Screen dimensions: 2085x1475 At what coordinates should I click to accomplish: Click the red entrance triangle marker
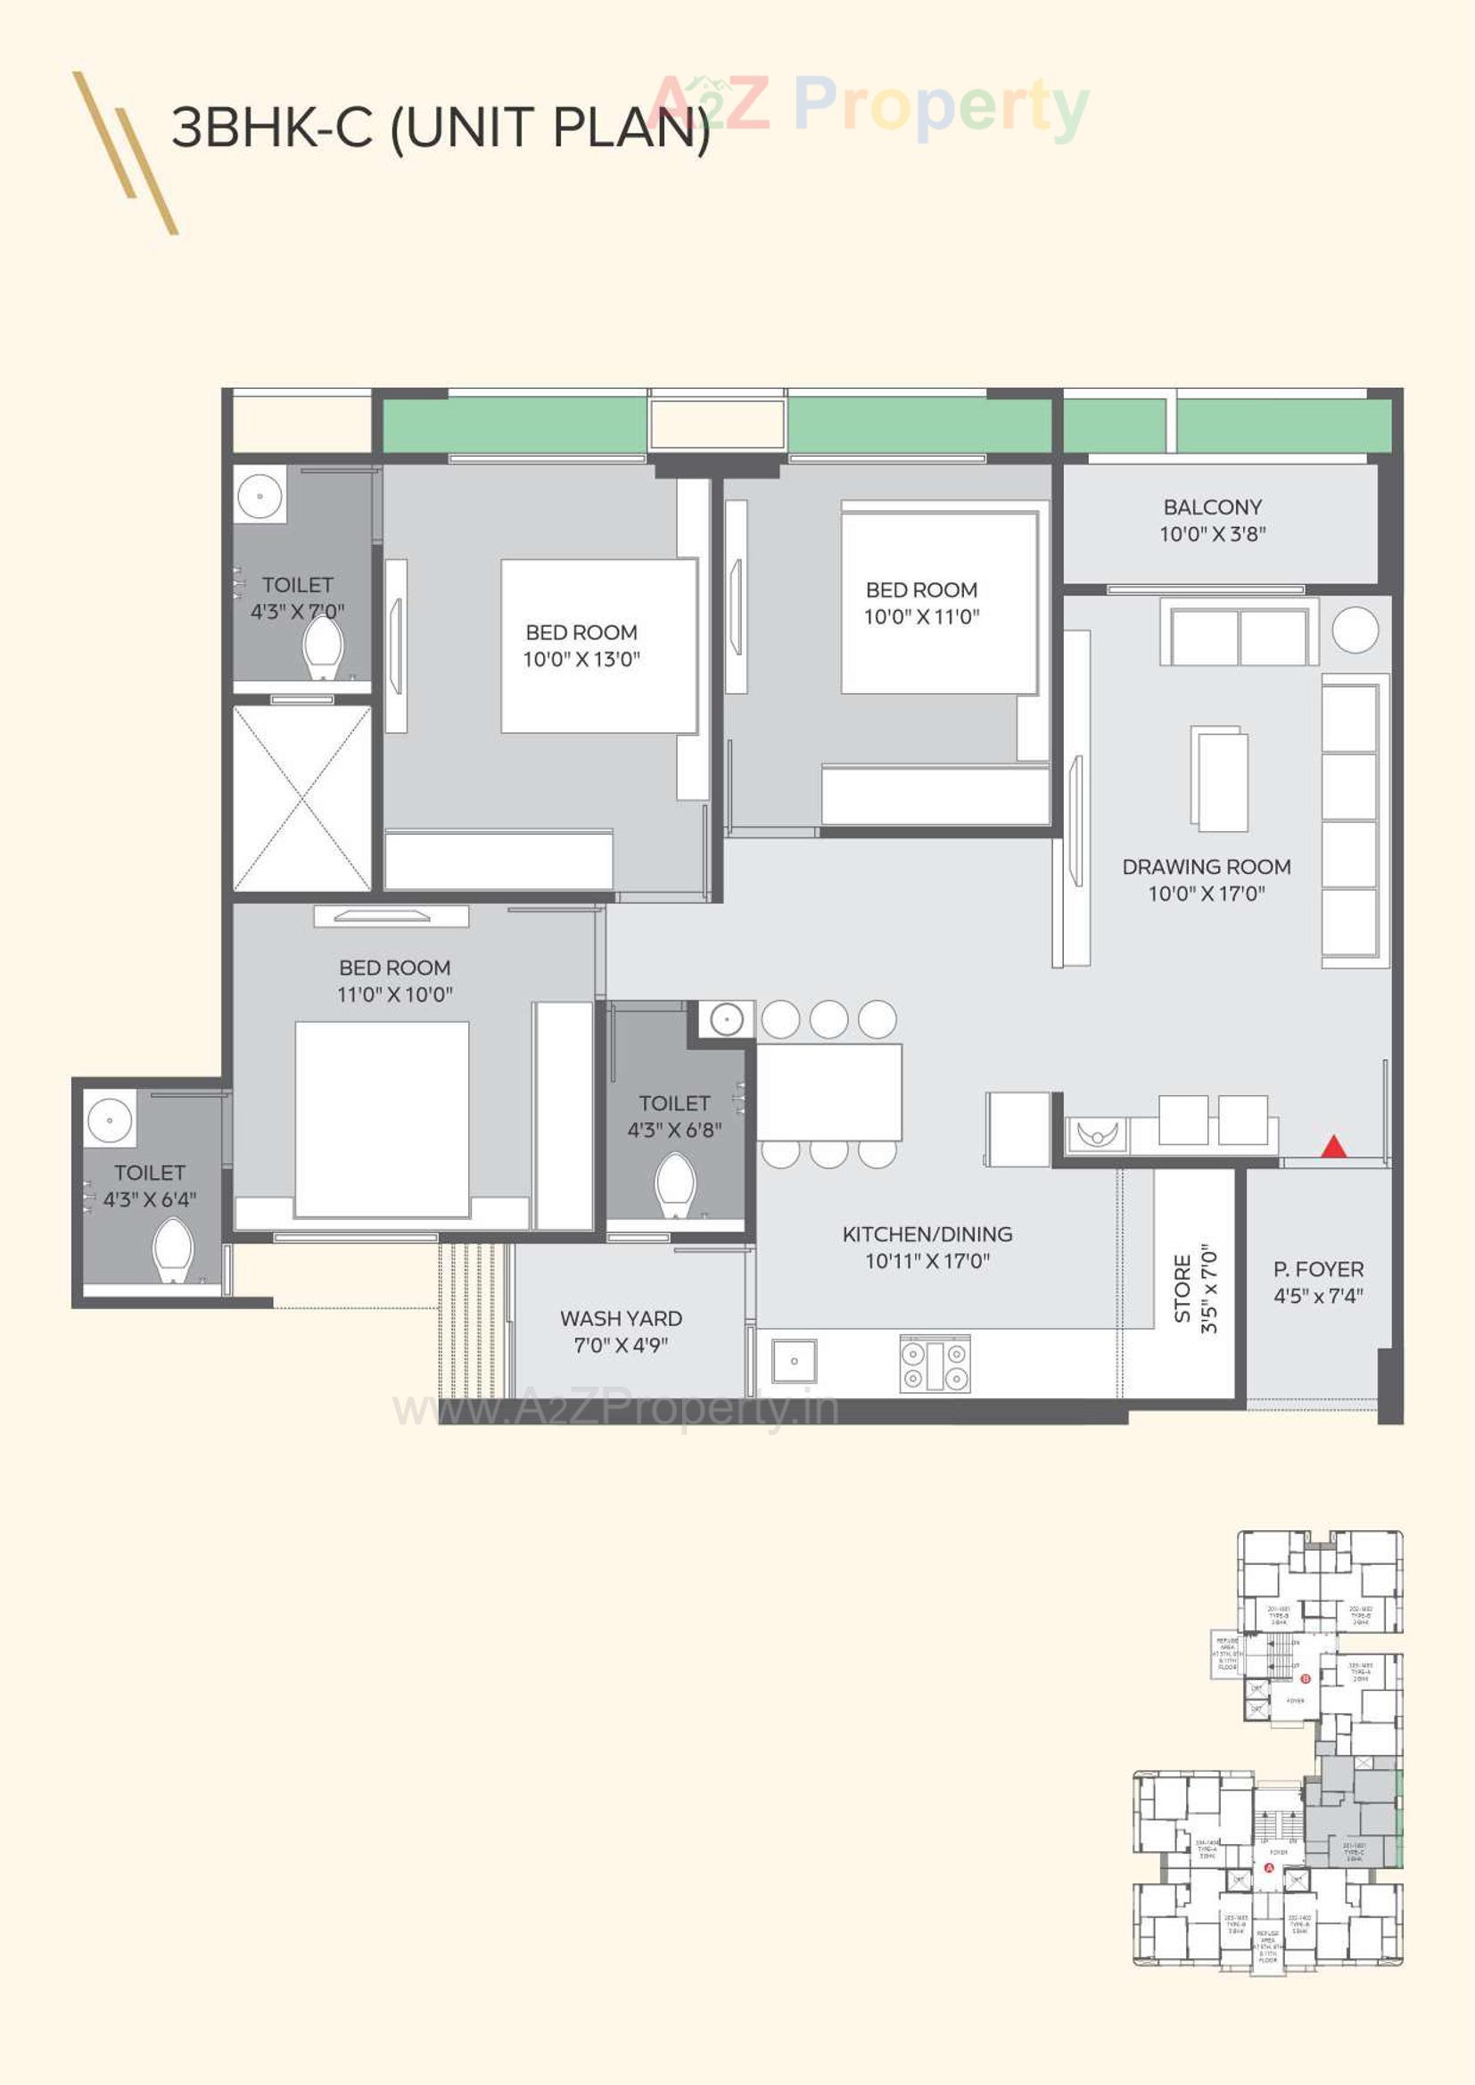1332,1147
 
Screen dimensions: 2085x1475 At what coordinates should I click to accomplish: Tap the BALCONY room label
1213,507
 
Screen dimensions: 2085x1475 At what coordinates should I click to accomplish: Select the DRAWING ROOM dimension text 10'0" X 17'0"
1207,894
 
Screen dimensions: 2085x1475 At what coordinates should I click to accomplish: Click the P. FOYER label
1318,1269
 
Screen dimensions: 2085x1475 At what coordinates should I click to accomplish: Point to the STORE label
1182,1289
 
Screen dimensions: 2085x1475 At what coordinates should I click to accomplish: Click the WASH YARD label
621,1318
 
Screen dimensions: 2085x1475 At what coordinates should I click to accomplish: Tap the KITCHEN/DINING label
927,1234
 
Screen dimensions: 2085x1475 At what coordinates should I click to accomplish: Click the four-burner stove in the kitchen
935,1363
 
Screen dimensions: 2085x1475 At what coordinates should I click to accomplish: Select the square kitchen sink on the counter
794,1361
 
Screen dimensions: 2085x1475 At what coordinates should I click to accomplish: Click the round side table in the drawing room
1356,630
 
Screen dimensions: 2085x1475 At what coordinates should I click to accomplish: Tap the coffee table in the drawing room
1219,779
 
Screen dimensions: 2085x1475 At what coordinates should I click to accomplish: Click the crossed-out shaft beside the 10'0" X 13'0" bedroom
302,799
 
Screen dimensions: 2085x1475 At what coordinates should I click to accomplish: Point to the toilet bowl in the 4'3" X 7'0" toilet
323,647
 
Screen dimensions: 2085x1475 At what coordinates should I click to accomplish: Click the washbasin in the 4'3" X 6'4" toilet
110,1119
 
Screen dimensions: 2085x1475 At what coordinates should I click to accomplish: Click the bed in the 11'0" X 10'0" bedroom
382,1119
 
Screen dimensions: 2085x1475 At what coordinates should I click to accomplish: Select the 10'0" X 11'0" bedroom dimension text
921,616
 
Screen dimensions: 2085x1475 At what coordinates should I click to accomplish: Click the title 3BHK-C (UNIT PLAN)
441,128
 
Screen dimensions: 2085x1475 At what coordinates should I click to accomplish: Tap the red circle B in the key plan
1306,1678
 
